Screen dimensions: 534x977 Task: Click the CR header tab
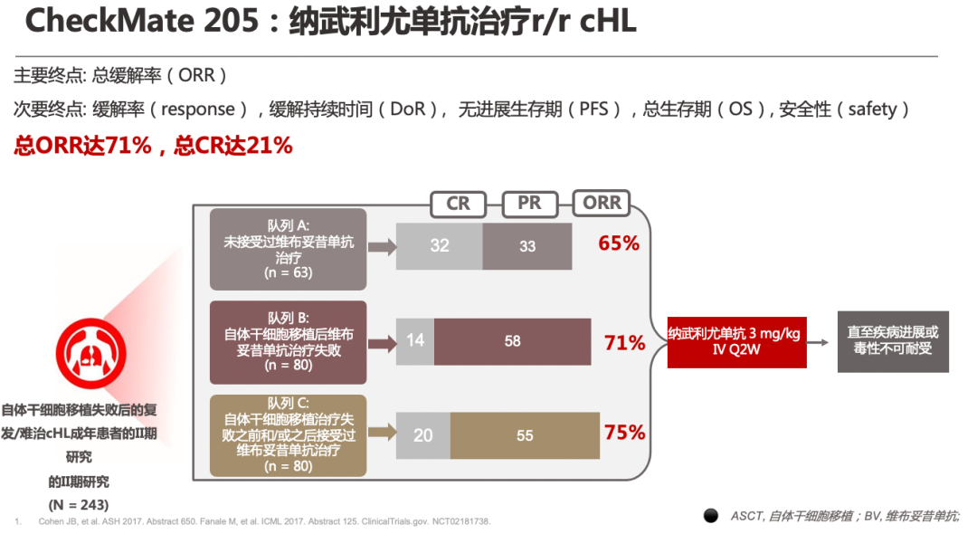click(459, 204)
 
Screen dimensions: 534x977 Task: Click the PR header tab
click(529, 204)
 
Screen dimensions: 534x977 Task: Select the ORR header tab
click(602, 203)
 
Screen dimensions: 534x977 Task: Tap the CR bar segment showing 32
click(440, 245)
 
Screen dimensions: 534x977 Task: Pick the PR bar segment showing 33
click(527, 245)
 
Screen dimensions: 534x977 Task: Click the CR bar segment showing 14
click(415, 341)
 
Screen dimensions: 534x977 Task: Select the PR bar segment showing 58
click(513, 341)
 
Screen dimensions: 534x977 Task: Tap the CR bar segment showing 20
click(423, 435)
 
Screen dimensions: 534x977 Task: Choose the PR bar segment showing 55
click(525, 435)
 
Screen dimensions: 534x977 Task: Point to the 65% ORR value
click(619, 243)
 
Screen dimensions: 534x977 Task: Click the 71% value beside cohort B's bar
click(624, 343)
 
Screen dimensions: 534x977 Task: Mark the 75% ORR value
click(624, 433)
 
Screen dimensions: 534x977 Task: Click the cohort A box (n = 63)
click(289, 249)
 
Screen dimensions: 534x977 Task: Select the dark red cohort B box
click(289, 342)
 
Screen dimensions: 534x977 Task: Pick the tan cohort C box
click(289, 435)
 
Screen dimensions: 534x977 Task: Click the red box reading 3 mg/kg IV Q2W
click(736, 341)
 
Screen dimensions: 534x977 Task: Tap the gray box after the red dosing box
click(892, 341)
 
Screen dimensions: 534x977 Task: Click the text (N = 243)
click(79, 504)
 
